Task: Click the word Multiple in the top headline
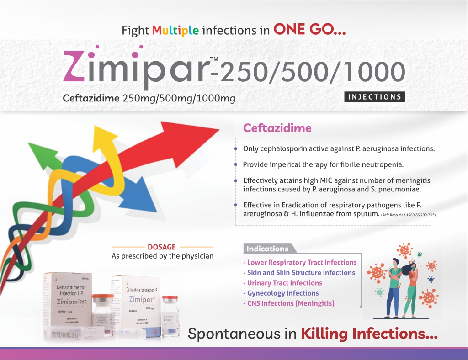pos(175,31)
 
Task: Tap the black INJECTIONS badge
pos(374,97)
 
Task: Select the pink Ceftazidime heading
pos(277,128)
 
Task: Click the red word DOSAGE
pos(162,247)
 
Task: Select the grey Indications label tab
pos(269,249)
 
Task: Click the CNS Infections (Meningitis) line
pos(290,303)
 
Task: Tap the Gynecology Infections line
pos(282,293)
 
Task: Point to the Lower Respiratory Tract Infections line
pos(301,263)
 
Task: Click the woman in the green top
pos(409,288)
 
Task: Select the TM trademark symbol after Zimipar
pos(214,59)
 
